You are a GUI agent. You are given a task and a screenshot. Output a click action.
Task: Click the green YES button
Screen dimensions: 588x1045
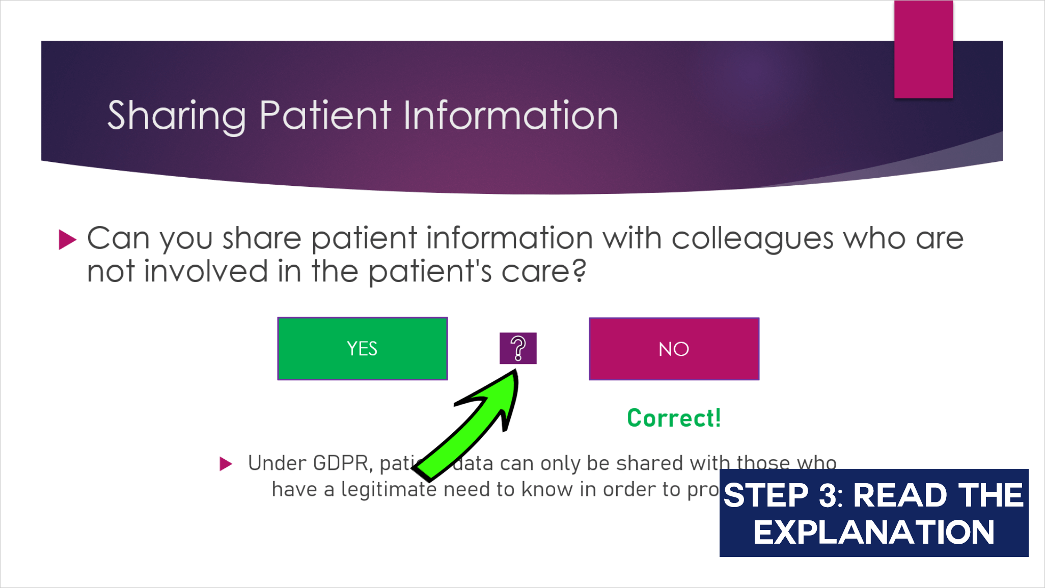point(362,349)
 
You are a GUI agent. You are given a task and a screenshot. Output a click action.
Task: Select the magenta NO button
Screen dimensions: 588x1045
point(674,349)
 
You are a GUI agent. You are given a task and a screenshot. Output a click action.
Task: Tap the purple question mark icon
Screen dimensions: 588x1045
point(518,348)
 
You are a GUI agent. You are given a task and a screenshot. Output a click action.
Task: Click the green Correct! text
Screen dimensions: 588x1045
point(674,418)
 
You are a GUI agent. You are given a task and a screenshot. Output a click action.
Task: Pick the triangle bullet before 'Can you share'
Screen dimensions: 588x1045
point(67,239)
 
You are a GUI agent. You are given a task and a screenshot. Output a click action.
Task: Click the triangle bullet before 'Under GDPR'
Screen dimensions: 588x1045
point(226,464)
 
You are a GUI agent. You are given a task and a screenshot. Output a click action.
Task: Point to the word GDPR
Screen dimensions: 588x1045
point(340,463)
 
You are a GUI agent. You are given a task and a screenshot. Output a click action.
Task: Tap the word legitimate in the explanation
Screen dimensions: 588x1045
point(389,490)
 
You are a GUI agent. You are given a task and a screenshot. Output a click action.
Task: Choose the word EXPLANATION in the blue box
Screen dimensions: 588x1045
point(873,533)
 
